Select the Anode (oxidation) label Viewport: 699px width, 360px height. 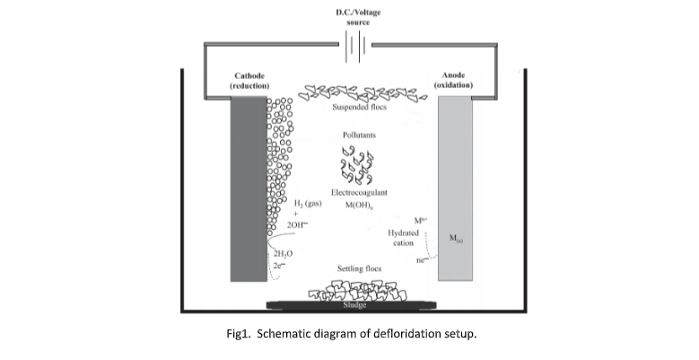(459, 80)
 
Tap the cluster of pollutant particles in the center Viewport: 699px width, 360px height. (357, 166)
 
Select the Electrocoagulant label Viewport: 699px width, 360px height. (359, 193)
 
